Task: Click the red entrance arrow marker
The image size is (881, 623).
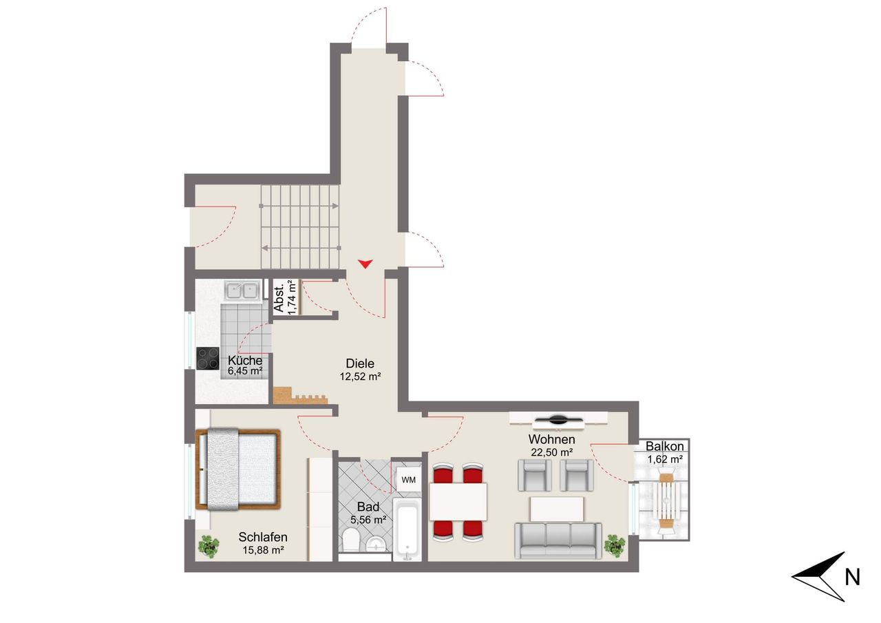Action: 365,264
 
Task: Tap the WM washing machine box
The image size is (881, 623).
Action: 408,479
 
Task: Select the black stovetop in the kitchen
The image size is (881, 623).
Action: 208,358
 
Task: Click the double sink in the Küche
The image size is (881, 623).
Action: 242,291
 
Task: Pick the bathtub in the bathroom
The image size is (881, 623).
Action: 407,529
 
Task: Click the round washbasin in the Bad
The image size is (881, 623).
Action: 376,545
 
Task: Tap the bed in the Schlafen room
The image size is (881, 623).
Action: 238,469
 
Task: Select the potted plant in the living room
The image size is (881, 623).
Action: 615,545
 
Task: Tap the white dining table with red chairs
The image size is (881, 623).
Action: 458,501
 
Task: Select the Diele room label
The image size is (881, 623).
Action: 360,363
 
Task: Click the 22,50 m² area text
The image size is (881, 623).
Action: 551,452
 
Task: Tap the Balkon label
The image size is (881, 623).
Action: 664,446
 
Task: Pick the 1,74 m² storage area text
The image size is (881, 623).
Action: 291,297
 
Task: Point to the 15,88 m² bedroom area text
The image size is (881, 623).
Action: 263,550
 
